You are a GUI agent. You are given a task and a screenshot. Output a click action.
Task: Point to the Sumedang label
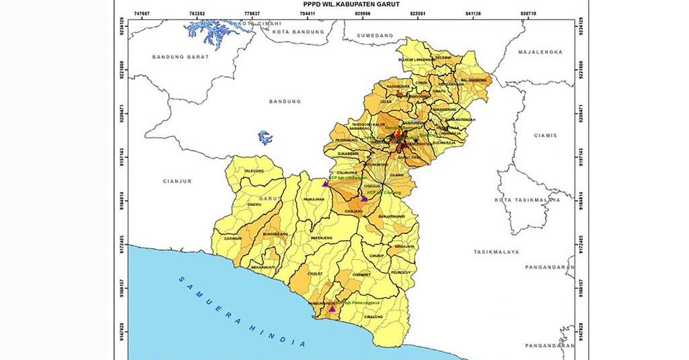[x=375, y=35]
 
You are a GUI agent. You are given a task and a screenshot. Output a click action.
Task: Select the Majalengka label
[x=539, y=52]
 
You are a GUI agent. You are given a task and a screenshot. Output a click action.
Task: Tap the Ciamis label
[x=546, y=135]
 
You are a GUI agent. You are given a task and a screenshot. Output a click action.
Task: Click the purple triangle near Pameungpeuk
[x=332, y=309]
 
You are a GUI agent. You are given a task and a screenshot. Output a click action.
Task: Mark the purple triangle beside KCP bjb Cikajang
[x=364, y=199]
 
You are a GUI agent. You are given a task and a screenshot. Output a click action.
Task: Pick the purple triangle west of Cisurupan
[x=326, y=183]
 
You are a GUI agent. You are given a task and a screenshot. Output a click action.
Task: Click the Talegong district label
[x=254, y=172]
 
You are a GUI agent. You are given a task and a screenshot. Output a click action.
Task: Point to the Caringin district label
[x=233, y=238]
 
